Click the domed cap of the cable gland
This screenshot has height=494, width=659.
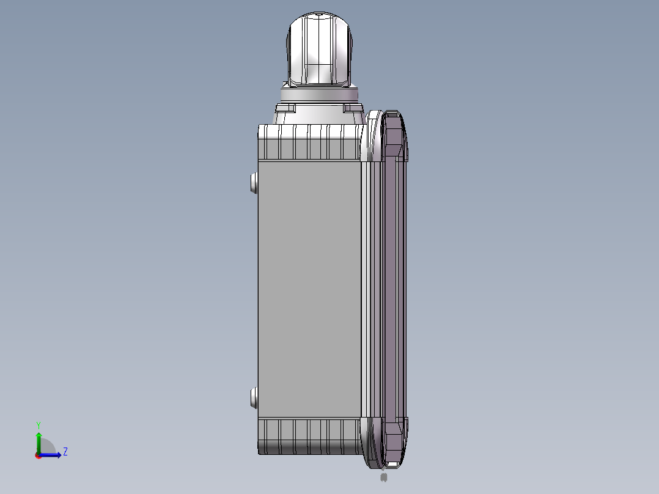(x=319, y=49)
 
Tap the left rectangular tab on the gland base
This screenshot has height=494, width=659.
(x=285, y=108)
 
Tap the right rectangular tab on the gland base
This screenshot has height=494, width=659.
(x=353, y=108)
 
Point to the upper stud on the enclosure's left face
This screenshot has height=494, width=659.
(x=254, y=182)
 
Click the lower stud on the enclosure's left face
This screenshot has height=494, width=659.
(x=254, y=399)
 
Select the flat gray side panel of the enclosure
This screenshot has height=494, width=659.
(x=308, y=287)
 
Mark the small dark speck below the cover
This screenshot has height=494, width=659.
(x=383, y=477)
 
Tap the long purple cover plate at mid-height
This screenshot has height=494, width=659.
(x=391, y=287)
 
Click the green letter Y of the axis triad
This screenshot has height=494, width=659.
(x=38, y=425)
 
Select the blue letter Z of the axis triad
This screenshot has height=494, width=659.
(x=65, y=452)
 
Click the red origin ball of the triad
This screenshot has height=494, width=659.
(x=38, y=455)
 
